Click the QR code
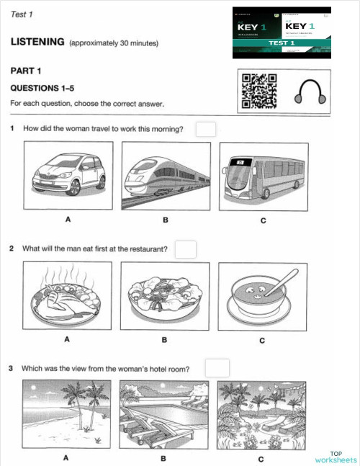click(x=258, y=91)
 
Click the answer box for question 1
click(x=206, y=130)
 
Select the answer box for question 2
click(x=186, y=249)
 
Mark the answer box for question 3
click(x=217, y=368)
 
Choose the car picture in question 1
click(x=68, y=175)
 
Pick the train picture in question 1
click(x=166, y=175)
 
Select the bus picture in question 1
click(x=262, y=175)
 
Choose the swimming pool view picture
click(x=164, y=413)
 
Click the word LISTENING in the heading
click(x=37, y=42)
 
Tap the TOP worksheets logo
click(x=336, y=456)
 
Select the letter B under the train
click(x=165, y=220)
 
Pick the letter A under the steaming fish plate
click(x=67, y=339)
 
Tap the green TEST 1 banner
click(x=282, y=43)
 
